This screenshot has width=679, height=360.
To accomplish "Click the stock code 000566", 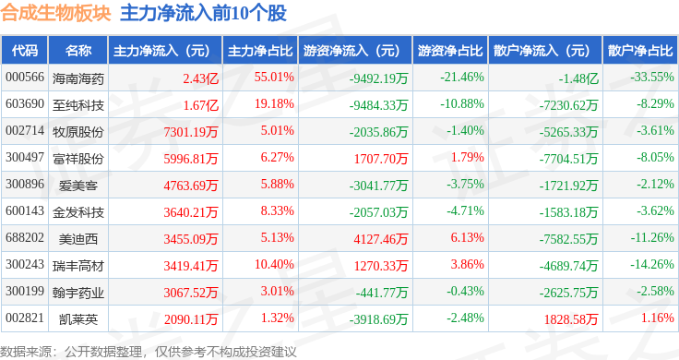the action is (x=25, y=78).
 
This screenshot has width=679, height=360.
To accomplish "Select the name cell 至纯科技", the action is (x=77, y=105).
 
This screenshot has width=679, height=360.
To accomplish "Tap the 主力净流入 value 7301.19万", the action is (x=191, y=132).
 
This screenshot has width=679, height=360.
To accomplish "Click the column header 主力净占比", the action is (x=260, y=51).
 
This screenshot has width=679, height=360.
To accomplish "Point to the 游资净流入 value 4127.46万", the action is (x=381, y=239).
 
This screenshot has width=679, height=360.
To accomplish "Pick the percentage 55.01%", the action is (x=274, y=78).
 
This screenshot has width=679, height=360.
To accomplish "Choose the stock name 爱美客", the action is (x=77, y=186).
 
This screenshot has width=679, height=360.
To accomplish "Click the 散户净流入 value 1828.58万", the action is (x=571, y=319).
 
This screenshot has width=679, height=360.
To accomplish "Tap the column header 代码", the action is (x=25, y=51).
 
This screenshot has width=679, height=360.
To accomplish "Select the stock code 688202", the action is (x=25, y=237).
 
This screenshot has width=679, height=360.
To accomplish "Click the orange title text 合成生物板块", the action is (x=56, y=13).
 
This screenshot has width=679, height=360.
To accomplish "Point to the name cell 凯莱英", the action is (x=77, y=319).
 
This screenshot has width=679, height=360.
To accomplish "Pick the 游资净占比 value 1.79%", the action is (x=467, y=157).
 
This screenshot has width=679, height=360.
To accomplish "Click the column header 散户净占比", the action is (x=640, y=51).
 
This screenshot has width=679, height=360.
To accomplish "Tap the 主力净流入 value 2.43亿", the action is (x=200, y=78).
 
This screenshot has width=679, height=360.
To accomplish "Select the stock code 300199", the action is (x=25, y=291).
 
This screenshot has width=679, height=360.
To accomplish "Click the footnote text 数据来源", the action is (x=26, y=352).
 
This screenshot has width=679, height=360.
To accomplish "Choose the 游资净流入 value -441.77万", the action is (x=382, y=293).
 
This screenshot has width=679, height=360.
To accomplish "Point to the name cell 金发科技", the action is (x=77, y=212).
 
